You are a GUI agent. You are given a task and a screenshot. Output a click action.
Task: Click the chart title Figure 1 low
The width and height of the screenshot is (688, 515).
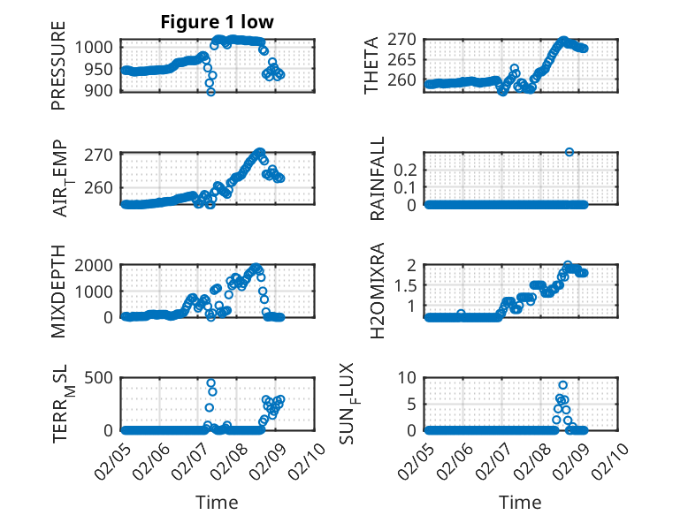pyautogui.click(x=217, y=22)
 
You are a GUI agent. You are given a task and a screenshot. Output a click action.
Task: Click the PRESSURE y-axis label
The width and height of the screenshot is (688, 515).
pyautogui.click(x=58, y=71)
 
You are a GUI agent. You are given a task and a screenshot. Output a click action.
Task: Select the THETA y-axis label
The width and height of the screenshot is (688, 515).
pyautogui.click(x=371, y=66)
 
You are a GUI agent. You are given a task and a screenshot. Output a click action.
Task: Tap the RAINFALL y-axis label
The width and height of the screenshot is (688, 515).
pyautogui.click(x=377, y=179)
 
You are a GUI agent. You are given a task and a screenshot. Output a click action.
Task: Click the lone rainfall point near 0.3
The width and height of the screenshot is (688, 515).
pyautogui.click(x=570, y=152)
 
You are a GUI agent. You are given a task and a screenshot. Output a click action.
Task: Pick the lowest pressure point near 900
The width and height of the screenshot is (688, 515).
pyautogui.click(x=210, y=91)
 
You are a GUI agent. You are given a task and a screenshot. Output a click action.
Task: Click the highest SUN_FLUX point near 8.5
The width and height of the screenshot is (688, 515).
pyautogui.click(x=563, y=385)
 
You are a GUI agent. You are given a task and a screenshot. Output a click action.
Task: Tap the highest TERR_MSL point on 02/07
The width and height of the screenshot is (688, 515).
pyautogui.click(x=210, y=383)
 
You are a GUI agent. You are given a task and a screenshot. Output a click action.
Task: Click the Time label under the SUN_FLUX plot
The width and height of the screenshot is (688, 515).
pyautogui.click(x=520, y=502)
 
